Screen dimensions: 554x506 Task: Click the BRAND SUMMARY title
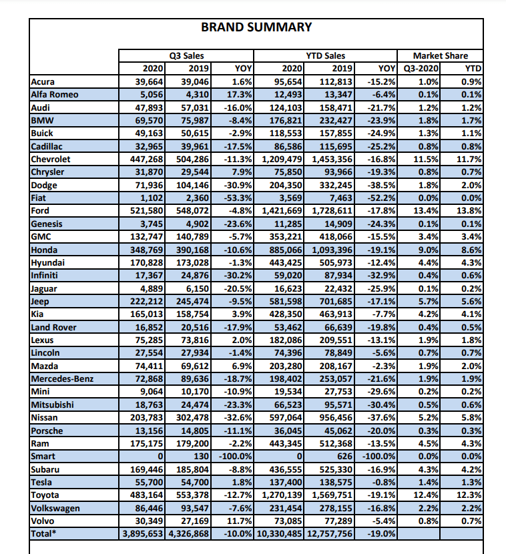pyautogui.click(x=256, y=27)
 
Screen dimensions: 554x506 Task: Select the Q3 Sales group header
pyautogui.click(x=186, y=56)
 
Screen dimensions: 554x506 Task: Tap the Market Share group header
pyautogui.click(x=440, y=56)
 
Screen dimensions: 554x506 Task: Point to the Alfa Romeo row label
pyautogui.click(x=55, y=94)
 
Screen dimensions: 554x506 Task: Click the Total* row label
pyautogui.click(x=44, y=534)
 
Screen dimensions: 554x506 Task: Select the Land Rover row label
pyautogui.click(x=54, y=327)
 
